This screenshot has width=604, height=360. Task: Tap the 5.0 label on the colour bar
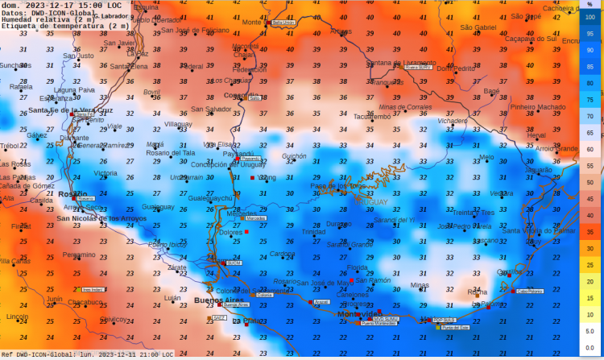point(591,330)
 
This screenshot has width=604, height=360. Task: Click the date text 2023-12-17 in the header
point(47,5)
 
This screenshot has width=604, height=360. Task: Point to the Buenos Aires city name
point(213,300)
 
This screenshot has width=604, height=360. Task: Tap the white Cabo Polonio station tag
point(529,291)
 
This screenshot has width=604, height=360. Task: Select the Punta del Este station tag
point(457,327)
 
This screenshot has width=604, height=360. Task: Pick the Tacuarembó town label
point(372,116)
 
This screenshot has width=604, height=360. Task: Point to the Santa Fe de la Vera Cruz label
point(71,110)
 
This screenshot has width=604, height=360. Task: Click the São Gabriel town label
point(478,27)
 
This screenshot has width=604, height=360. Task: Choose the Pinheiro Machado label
point(538,106)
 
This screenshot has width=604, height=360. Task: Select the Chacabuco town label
point(85,302)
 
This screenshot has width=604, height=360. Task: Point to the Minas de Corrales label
point(405,106)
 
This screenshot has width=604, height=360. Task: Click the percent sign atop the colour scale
point(590,5)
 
